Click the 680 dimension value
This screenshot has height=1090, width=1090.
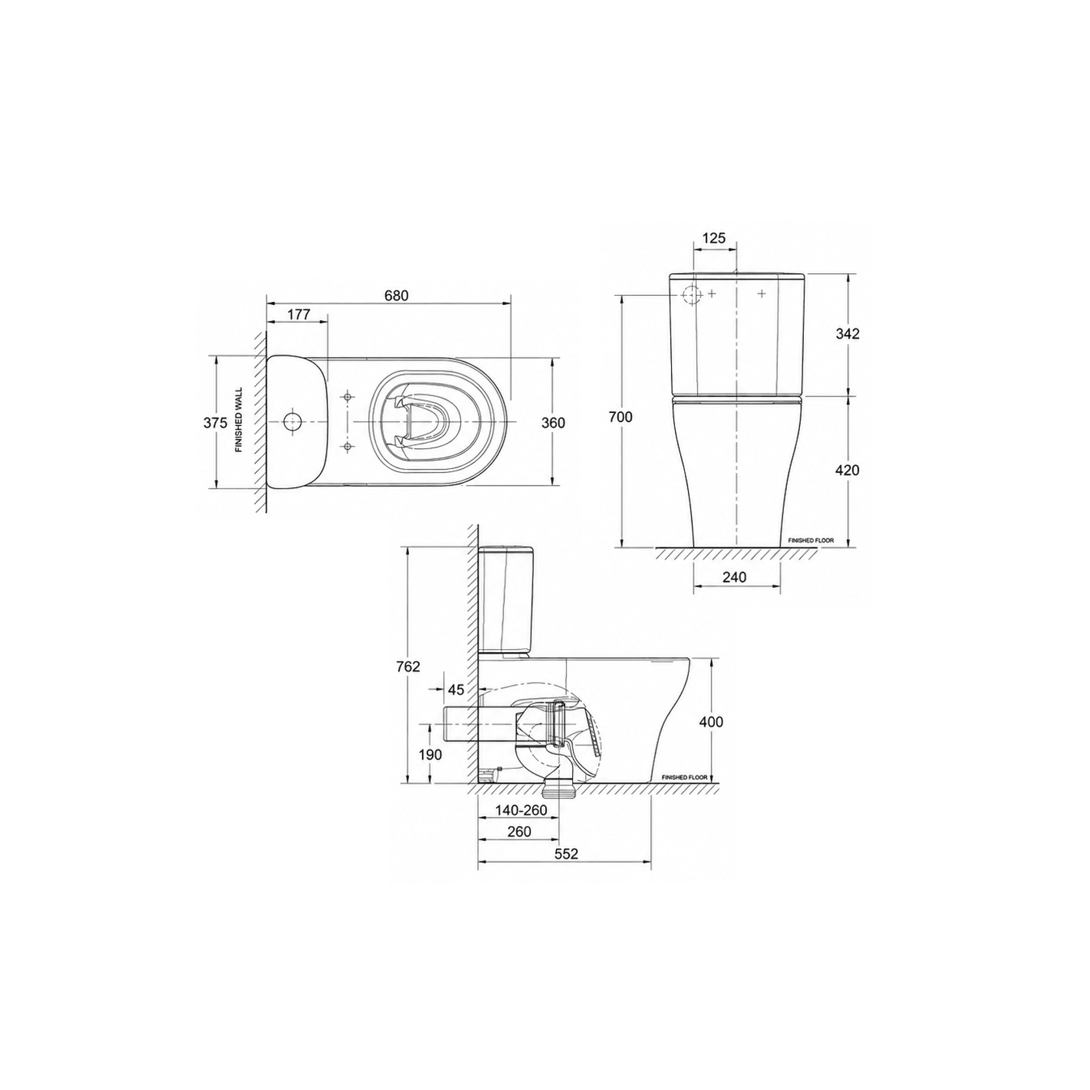(396, 295)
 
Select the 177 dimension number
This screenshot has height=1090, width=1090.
(299, 315)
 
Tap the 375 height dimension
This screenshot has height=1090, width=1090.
(215, 423)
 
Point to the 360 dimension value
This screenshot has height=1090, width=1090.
(553, 423)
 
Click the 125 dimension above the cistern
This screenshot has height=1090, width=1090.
(714, 238)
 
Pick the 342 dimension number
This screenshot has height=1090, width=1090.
(847, 334)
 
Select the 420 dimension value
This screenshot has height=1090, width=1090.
(847, 470)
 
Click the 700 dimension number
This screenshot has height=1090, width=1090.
(620, 417)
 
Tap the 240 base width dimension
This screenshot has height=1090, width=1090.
(735, 577)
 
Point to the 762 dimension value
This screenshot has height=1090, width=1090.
(408, 667)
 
